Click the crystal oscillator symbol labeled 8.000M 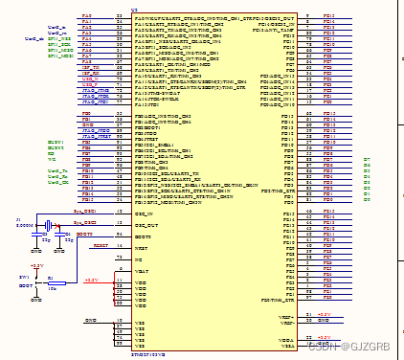42,226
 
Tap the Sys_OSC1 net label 85,210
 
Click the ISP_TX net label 88,69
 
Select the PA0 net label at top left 87,16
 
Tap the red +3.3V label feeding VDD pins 90,281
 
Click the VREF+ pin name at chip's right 286,314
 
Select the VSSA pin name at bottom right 286,345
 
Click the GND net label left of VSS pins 91,320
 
